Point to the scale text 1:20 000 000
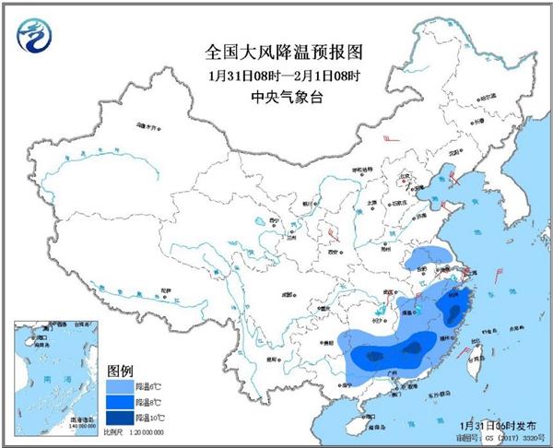tap(140, 431)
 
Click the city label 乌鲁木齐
tap(147, 125)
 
